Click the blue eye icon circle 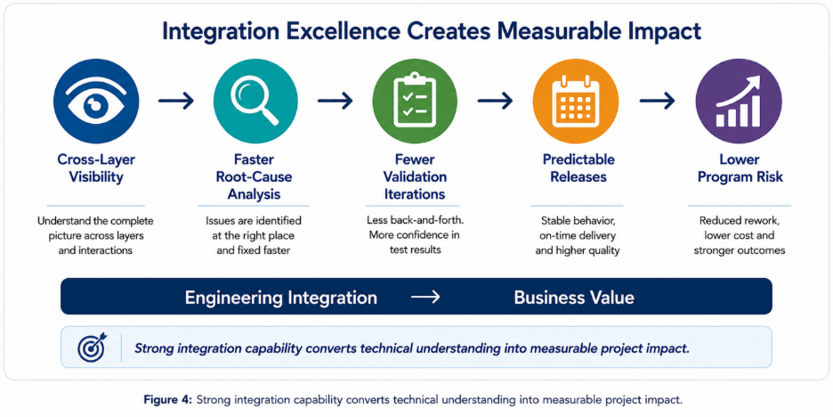pyautogui.click(x=96, y=101)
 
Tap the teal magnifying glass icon pyautogui.click(x=255, y=101)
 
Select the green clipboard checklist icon pyautogui.click(x=416, y=101)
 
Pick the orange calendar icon pyautogui.click(x=575, y=101)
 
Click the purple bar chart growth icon pyautogui.click(x=739, y=101)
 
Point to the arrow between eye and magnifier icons pyautogui.click(x=176, y=101)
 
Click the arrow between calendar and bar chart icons pyautogui.click(x=657, y=101)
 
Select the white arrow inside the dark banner pyautogui.click(x=426, y=298)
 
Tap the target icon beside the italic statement pyautogui.click(x=92, y=347)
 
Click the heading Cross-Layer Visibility pyautogui.click(x=96, y=168)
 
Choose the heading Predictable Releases pyautogui.click(x=578, y=168)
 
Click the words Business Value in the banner pyautogui.click(x=574, y=298)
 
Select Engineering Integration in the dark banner pyautogui.click(x=281, y=298)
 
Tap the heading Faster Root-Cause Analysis pyautogui.click(x=253, y=176)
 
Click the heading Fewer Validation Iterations pyautogui.click(x=415, y=176)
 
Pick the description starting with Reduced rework pyautogui.click(x=738, y=235)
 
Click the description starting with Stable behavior pyautogui.click(x=578, y=235)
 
